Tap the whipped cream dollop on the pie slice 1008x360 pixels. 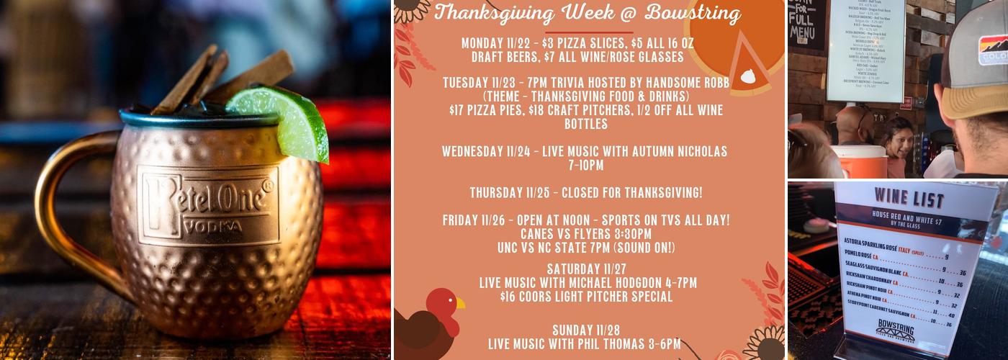tap(749, 76)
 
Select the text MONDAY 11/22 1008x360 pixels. tap(496, 43)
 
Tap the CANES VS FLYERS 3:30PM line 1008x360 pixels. tap(585, 235)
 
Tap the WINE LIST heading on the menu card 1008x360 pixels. tap(901, 195)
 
